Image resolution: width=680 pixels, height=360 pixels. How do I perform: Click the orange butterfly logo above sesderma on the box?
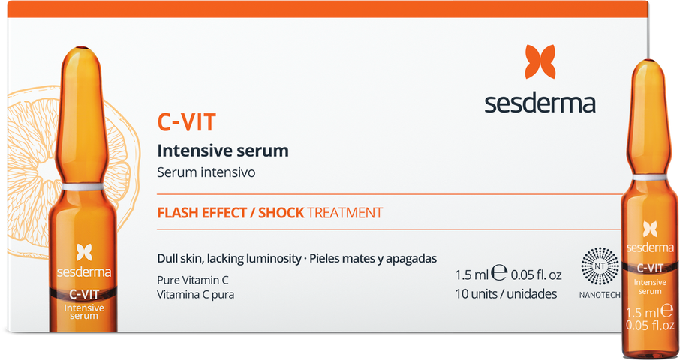540,61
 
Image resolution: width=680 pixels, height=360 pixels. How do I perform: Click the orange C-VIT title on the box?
186,121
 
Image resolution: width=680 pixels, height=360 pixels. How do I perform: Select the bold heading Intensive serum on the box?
223,151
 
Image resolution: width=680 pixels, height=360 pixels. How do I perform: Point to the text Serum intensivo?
206,172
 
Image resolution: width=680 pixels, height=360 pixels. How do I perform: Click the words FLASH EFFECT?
202,213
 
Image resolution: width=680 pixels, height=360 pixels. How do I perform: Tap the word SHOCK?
281,213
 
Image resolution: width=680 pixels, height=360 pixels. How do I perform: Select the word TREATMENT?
345,213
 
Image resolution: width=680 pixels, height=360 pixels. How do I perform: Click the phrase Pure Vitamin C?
193,280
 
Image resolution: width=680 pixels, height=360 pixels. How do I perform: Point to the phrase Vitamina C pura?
196,294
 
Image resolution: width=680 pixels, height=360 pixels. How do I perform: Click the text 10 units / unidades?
506,294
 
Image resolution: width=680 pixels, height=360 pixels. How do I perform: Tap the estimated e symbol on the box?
499,272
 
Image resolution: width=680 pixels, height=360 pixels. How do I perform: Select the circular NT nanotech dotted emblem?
600,266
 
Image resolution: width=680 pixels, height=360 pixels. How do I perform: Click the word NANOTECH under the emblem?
600,295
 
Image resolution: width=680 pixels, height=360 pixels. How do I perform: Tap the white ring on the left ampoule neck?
83,187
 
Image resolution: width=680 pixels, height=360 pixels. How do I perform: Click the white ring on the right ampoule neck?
649,177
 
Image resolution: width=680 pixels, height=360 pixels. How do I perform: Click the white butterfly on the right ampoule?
650,229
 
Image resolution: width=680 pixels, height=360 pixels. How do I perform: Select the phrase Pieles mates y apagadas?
373,259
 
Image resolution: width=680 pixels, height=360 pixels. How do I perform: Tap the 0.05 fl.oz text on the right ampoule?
650,325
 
